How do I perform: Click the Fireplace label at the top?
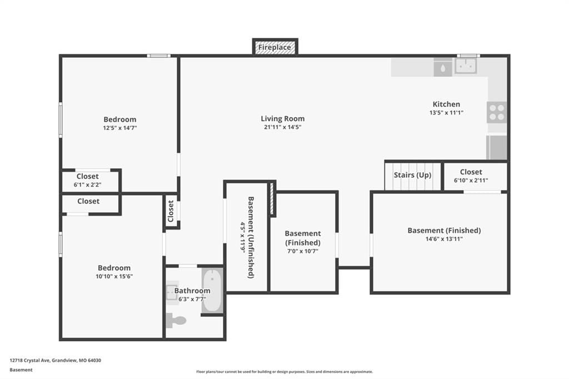(274, 47)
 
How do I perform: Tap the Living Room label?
(283, 119)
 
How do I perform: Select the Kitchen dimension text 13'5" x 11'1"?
(446, 113)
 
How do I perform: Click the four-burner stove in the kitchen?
(496, 112)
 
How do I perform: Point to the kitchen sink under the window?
(466, 66)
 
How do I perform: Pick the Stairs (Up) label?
(413, 175)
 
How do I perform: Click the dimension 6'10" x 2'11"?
(471, 181)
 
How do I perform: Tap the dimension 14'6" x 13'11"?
(444, 239)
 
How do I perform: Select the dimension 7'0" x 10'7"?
(303, 251)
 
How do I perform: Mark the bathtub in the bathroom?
(213, 291)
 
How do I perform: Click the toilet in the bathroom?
(176, 320)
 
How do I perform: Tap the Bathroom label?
(192, 291)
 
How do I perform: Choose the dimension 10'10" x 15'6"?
(114, 276)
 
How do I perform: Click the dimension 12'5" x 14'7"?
(120, 128)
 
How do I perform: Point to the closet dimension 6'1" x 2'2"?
(87, 185)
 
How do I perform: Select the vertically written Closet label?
(171, 211)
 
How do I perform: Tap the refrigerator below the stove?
(496, 147)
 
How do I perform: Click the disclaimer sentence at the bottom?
(284, 372)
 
